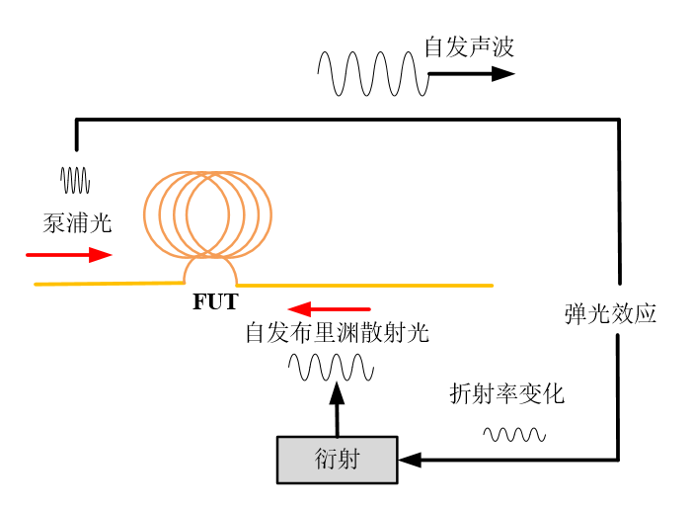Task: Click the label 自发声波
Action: click(469, 46)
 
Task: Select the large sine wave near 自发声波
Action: click(372, 74)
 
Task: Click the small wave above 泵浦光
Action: click(76, 180)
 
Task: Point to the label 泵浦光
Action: click(77, 223)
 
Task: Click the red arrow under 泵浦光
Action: click(69, 255)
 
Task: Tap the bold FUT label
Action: click(215, 302)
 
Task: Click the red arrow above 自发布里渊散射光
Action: click(330, 309)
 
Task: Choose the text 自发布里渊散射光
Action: click(337, 333)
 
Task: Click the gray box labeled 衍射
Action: click(337, 460)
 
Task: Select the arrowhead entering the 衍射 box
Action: click(409, 460)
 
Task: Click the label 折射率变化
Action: click(506, 393)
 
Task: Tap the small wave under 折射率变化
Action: click(513, 434)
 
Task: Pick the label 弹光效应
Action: click(610, 314)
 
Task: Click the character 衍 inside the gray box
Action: click(326, 460)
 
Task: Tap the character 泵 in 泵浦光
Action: click(54, 223)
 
